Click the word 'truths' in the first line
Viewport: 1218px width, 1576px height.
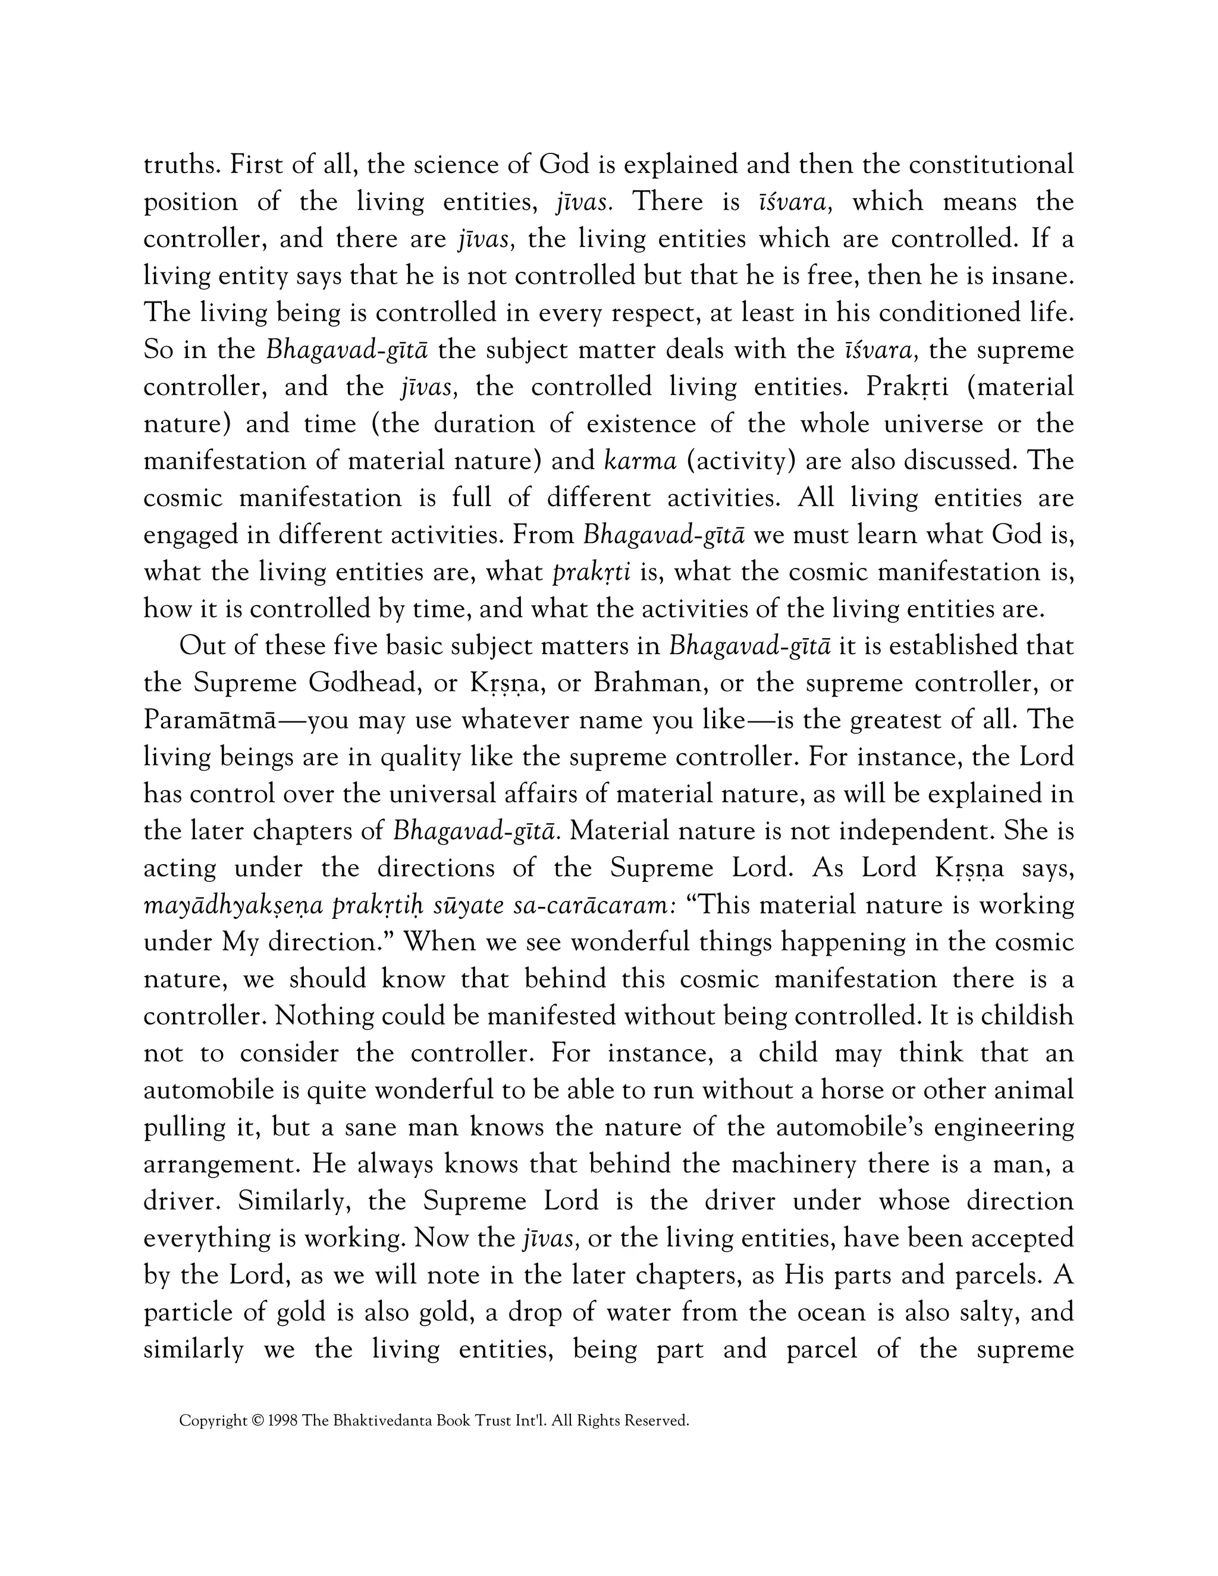(x=180, y=165)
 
